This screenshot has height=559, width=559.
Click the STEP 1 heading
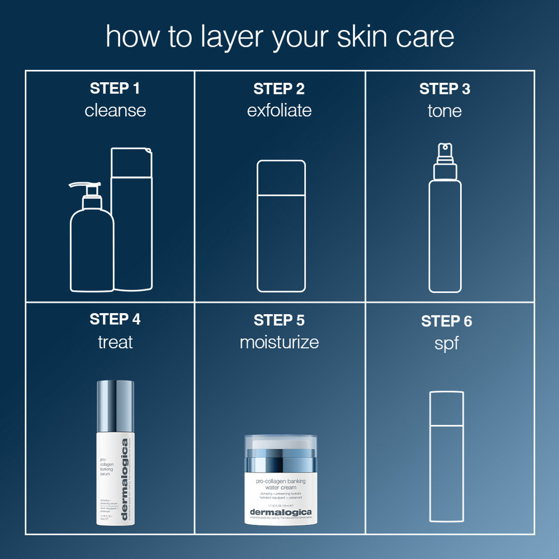(115, 88)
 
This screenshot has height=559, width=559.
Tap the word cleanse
(115, 110)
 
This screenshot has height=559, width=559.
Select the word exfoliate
(279, 110)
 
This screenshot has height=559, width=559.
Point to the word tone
(444, 110)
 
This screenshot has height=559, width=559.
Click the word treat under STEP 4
(115, 342)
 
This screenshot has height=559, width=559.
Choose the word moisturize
(279, 342)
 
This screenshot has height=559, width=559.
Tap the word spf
(446, 343)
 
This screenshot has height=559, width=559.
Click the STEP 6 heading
(446, 321)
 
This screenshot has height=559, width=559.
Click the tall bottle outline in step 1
(132, 224)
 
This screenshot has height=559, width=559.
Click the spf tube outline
(446, 458)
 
